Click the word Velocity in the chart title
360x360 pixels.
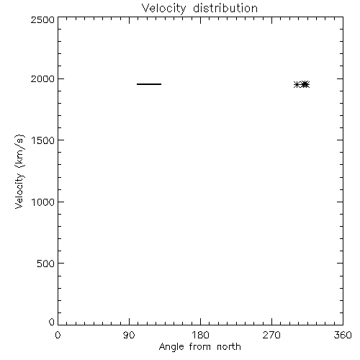(x=163, y=9)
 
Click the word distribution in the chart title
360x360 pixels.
(x=225, y=8)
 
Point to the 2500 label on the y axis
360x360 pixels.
(x=42, y=19)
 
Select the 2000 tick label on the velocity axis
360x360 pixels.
(x=42, y=79)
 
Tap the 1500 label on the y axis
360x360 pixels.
(x=43, y=140)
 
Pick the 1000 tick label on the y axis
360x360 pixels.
(x=43, y=202)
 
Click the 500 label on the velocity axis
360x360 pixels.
(x=45, y=264)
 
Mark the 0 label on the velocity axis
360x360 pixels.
(x=52, y=322)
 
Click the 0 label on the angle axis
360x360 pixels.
(x=58, y=335)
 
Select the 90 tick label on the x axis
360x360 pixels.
(x=129, y=335)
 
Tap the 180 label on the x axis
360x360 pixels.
(x=200, y=335)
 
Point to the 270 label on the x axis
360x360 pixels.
(x=271, y=335)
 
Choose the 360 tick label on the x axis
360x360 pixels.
(x=343, y=335)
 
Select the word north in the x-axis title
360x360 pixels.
(x=229, y=347)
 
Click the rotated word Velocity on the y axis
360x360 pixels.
(x=19, y=191)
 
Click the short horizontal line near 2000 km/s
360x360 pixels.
(x=149, y=84)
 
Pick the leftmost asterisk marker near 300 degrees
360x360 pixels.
(x=297, y=84)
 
